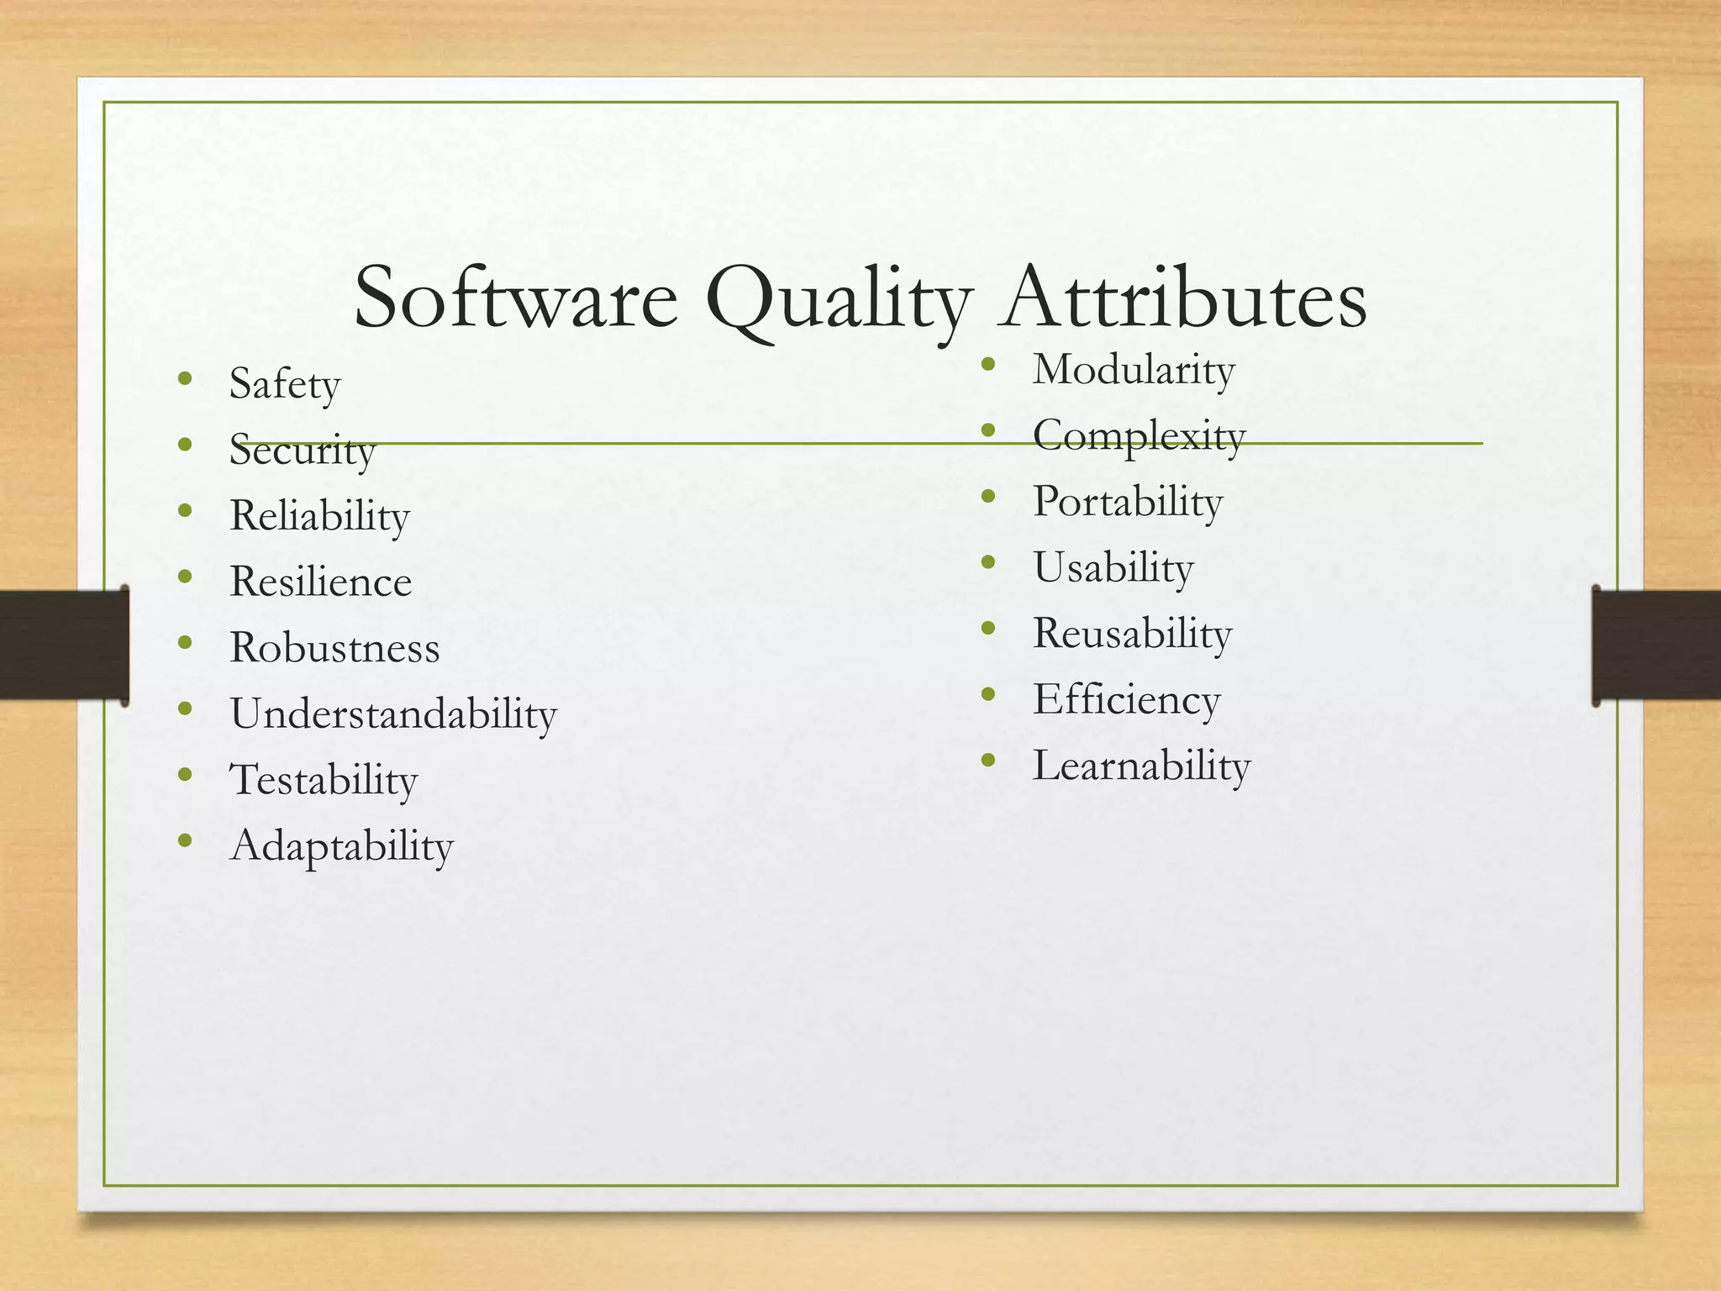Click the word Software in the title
tap(515, 298)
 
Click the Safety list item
tap(285, 385)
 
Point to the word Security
tap(302, 451)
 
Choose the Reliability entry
tap(319, 516)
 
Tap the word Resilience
tap(320, 582)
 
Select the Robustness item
tap(334, 648)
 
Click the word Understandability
tap(393, 714)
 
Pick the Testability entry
tap(324, 780)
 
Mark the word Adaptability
tap(341, 846)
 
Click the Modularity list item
tap(1134, 370)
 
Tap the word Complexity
tap(1139, 436)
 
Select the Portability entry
tap(1128, 502)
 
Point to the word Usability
tap(1113, 567)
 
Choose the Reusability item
tap(1132, 634)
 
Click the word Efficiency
tap(1126, 699)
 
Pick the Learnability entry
tap(1141, 766)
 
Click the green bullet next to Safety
tap(186, 378)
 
